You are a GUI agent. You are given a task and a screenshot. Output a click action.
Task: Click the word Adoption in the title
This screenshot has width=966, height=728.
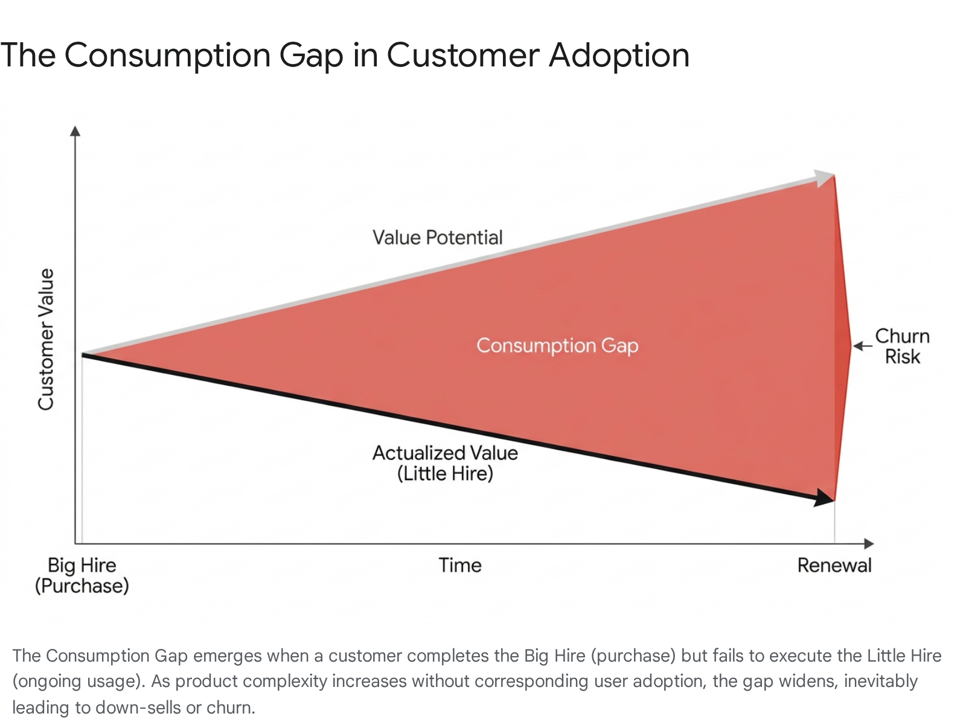coord(619,56)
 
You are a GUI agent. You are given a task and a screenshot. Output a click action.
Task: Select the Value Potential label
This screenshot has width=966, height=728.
coord(438,237)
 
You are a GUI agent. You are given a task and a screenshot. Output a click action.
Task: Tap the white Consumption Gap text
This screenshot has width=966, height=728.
coord(557,346)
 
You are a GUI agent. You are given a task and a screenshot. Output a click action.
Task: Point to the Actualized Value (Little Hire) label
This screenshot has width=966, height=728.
coord(445,463)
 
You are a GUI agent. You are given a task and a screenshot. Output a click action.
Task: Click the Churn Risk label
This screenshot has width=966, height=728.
coord(902,346)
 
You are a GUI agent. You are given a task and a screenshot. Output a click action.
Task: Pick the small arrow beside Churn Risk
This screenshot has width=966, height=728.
coord(862,346)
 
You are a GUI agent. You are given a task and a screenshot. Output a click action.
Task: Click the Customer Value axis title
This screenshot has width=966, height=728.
coord(46,339)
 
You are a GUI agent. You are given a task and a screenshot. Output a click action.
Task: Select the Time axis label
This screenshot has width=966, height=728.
coord(460,565)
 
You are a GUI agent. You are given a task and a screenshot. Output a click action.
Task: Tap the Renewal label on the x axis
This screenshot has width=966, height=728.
coord(834,565)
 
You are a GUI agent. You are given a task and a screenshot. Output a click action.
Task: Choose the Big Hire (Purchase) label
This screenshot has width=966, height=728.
coord(82,575)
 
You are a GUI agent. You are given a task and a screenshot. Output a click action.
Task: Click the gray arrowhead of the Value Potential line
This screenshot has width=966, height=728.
coord(824,178)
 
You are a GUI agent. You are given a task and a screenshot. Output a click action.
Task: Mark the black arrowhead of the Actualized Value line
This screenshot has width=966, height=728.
coord(824,498)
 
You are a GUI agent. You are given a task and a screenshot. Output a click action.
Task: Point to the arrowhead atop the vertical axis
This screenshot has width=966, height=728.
coord(75,131)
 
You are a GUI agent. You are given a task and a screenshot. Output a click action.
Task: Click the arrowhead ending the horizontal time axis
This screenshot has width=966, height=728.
coord(869,544)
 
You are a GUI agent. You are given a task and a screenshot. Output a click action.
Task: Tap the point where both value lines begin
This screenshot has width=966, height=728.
coord(83,354)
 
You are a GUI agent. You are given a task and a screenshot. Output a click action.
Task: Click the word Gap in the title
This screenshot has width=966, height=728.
coord(311,56)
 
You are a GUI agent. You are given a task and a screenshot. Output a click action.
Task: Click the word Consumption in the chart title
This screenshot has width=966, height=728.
coord(167,56)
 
